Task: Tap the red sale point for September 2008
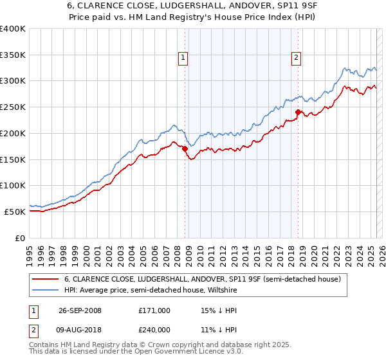(x=185, y=148)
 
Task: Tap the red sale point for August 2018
(x=298, y=112)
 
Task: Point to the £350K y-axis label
(x=13, y=55)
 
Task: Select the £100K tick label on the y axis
(x=13, y=185)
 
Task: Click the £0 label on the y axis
(x=21, y=238)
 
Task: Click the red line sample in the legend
(x=45, y=279)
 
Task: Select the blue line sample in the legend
(x=45, y=290)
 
